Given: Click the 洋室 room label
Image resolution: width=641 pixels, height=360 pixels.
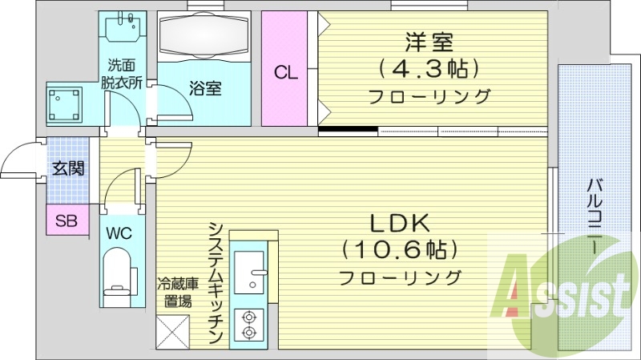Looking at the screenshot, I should [x=424, y=40].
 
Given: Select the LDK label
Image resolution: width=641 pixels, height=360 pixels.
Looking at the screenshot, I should [x=401, y=223].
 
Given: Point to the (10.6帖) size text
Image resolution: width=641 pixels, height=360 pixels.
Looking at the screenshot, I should [x=401, y=250].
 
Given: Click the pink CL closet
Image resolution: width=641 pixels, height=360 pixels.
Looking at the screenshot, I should [x=286, y=72].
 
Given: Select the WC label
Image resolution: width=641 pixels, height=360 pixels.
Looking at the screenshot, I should [x=120, y=233].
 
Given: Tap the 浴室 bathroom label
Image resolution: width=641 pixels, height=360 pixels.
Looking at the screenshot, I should [x=205, y=88].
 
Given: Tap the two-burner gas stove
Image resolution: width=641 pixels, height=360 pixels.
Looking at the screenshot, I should [x=249, y=323].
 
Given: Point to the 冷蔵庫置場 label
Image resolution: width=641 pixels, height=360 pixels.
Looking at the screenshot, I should [x=174, y=292].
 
